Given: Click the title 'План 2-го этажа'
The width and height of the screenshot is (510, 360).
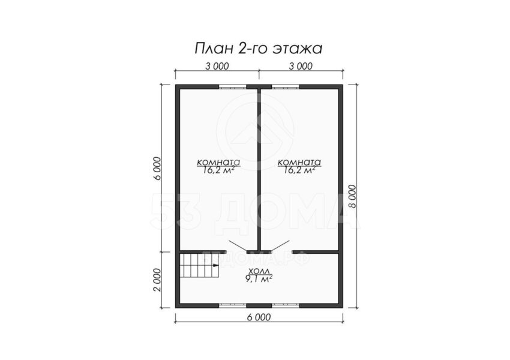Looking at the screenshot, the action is coord(259,49).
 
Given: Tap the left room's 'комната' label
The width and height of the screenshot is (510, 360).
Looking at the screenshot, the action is coord(218,162).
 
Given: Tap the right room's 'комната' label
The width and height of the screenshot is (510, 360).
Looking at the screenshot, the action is coord(299,162).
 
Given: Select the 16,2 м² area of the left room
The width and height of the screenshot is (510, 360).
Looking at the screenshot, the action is coord(218,170).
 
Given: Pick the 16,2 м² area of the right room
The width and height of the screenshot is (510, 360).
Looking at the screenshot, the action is coord(299,170).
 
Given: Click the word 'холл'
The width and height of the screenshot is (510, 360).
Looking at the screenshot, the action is coord(259,271).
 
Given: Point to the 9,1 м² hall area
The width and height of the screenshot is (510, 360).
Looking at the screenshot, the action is coord(259,279).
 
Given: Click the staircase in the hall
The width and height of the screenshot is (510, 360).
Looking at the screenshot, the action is coord(199,265).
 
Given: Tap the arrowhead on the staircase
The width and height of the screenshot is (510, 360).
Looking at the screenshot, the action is coord(215,265).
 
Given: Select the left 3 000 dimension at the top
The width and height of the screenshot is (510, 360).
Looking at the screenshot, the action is coord(217,66).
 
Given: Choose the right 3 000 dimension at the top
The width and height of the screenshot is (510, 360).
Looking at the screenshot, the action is coord(301,66).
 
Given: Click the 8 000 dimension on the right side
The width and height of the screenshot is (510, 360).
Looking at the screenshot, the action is coord(352,196).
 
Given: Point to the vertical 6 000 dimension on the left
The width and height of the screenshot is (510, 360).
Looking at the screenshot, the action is coord(157,168).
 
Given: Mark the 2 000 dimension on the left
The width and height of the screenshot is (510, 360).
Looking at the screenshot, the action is coord(157,280).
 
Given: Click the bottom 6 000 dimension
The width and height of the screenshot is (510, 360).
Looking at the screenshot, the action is coord(259,317).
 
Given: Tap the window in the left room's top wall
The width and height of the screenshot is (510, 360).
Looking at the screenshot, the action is coord(232,87).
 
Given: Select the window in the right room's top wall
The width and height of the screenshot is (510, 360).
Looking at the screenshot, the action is coord(286,87).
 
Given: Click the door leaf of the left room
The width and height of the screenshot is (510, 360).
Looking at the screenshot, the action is coord(238,245).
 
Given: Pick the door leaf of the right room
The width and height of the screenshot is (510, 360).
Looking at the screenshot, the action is coord(280,245).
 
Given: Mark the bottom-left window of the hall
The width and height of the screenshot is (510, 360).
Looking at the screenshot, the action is coord(232,305).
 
